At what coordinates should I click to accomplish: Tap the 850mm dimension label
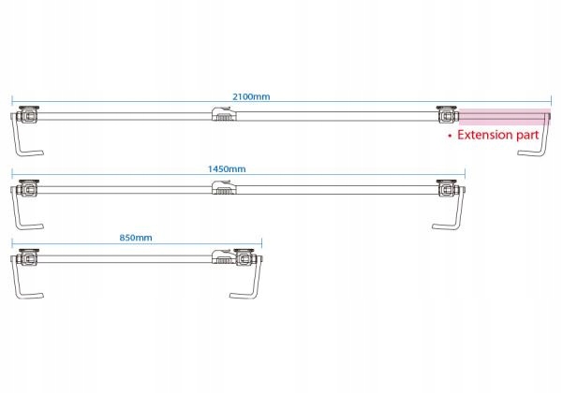click(136, 238)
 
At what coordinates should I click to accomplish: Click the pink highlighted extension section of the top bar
click(504, 116)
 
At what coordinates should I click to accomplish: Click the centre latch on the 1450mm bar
click(222, 189)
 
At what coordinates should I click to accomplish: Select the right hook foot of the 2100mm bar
click(535, 140)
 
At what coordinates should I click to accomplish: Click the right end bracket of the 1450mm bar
click(450, 188)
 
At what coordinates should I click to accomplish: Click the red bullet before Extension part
click(450, 136)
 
